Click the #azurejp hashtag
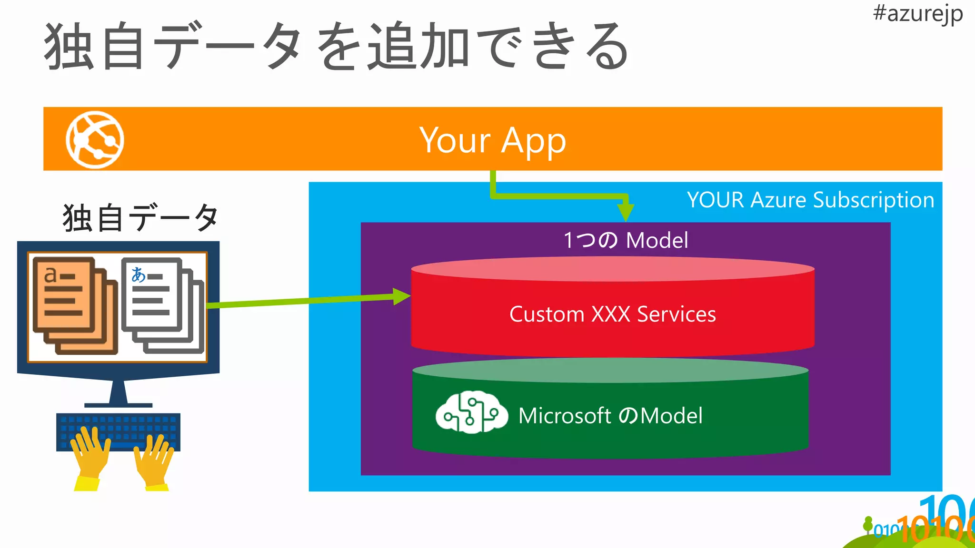tap(917, 13)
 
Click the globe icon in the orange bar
tap(95, 139)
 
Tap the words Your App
tap(492, 140)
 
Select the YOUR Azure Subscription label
tap(810, 200)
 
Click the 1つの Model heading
tap(626, 240)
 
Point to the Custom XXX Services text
tap(612, 314)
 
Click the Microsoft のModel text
tap(610, 416)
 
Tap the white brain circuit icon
tap(471, 413)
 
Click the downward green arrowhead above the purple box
tap(626, 211)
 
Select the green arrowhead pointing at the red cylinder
tap(401, 296)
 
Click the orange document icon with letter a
tap(64, 295)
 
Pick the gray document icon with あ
tap(152, 295)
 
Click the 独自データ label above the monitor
tap(140, 218)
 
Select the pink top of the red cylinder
tap(612, 269)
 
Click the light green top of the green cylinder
tap(610, 371)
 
